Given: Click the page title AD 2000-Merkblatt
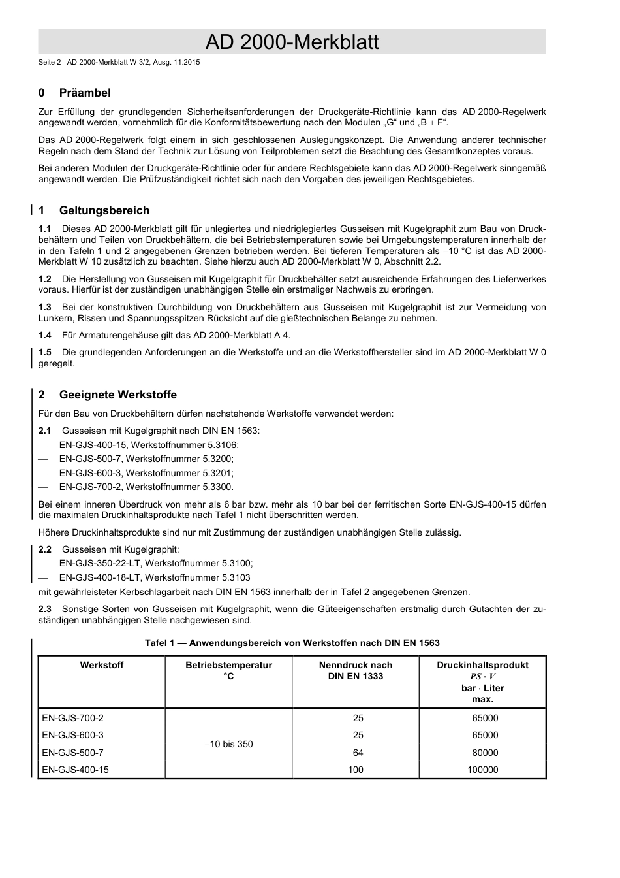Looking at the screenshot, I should [x=292, y=42].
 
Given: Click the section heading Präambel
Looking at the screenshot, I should [x=85, y=93].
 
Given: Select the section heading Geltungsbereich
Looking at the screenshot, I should [x=104, y=210].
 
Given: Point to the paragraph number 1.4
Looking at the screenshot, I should [x=45, y=335].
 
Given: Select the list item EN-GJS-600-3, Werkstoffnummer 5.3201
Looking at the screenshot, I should [x=146, y=473].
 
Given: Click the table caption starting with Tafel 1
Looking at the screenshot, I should [x=292, y=643].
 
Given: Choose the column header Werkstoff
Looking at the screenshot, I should [x=102, y=665].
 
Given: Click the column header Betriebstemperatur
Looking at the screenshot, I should [x=228, y=665].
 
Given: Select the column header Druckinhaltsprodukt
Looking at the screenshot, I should [x=482, y=665].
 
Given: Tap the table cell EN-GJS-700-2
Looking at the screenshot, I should [x=72, y=718].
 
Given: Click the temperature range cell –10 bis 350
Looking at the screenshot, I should [x=228, y=744].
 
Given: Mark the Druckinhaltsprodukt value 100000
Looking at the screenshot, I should [x=482, y=770].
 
